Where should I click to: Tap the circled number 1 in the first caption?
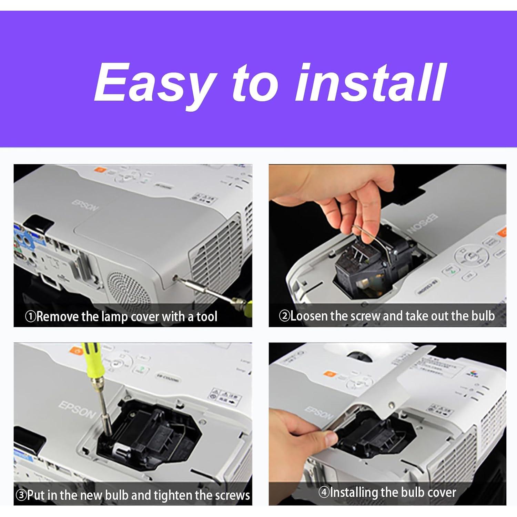pyautogui.click(x=30, y=316)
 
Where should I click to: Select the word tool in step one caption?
pyautogui.click(x=207, y=316)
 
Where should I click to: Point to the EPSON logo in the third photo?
pyautogui.click(x=77, y=410)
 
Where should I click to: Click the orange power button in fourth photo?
pyautogui.click(x=330, y=374)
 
